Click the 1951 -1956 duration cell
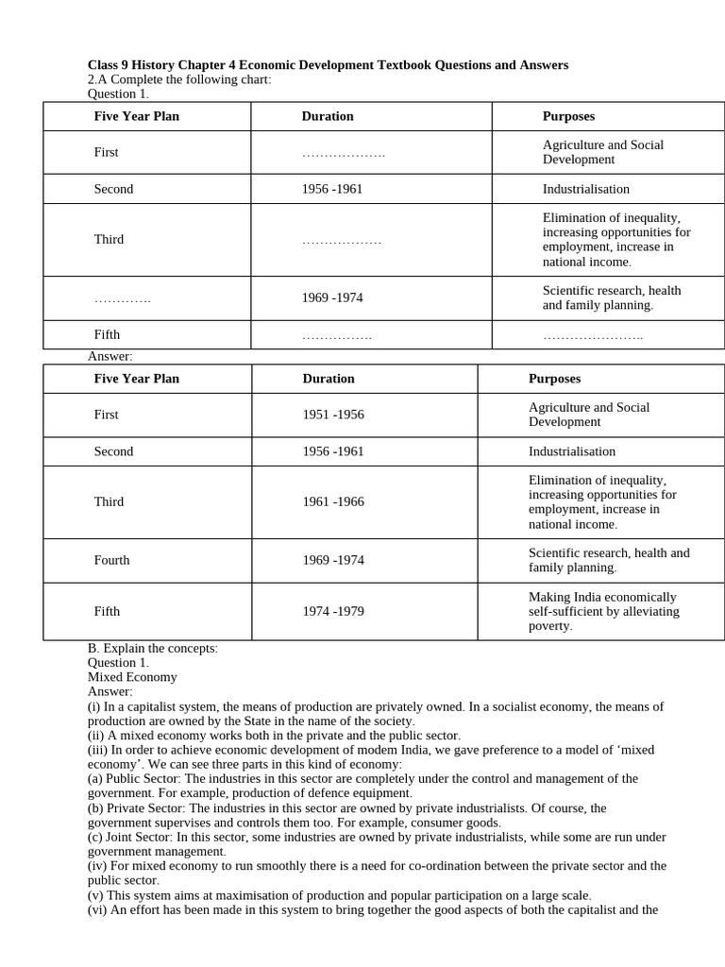point(332,415)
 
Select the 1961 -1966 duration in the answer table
point(332,501)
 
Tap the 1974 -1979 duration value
point(332,611)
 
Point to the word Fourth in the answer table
point(111,560)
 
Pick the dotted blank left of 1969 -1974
point(122,298)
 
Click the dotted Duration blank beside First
point(343,153)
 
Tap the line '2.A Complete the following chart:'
point(179,79)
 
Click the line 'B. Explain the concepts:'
point(153,648)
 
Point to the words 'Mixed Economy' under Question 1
point(132,677)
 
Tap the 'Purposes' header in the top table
point(568,116)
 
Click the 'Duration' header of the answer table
point(329,379)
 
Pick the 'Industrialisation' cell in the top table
point(585,189)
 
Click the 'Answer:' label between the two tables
point(110,356)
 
